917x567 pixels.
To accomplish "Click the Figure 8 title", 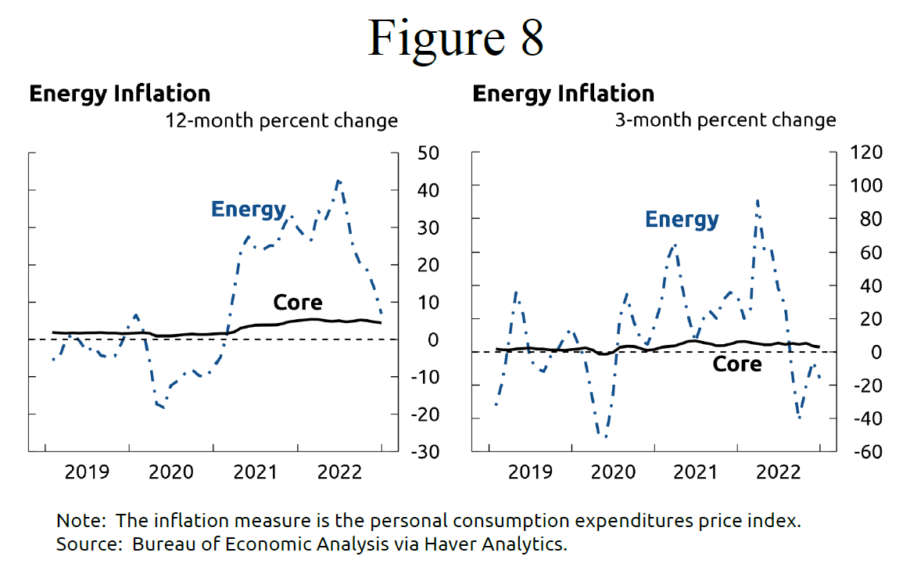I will [456, 37].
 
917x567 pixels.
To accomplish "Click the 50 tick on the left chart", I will [428, 153].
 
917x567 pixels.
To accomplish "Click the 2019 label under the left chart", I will [87, 472].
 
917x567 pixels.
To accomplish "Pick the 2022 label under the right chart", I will [779, 472].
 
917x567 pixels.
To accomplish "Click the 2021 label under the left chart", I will [256, 472].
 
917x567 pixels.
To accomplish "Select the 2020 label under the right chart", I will [612, 472].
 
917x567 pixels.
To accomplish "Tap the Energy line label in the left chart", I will [248, 210].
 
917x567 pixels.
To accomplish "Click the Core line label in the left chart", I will [298, 303].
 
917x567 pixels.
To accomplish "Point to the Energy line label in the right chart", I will [682, 220].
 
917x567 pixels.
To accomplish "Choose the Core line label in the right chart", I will [737, 364].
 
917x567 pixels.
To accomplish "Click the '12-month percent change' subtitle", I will [281, 120].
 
